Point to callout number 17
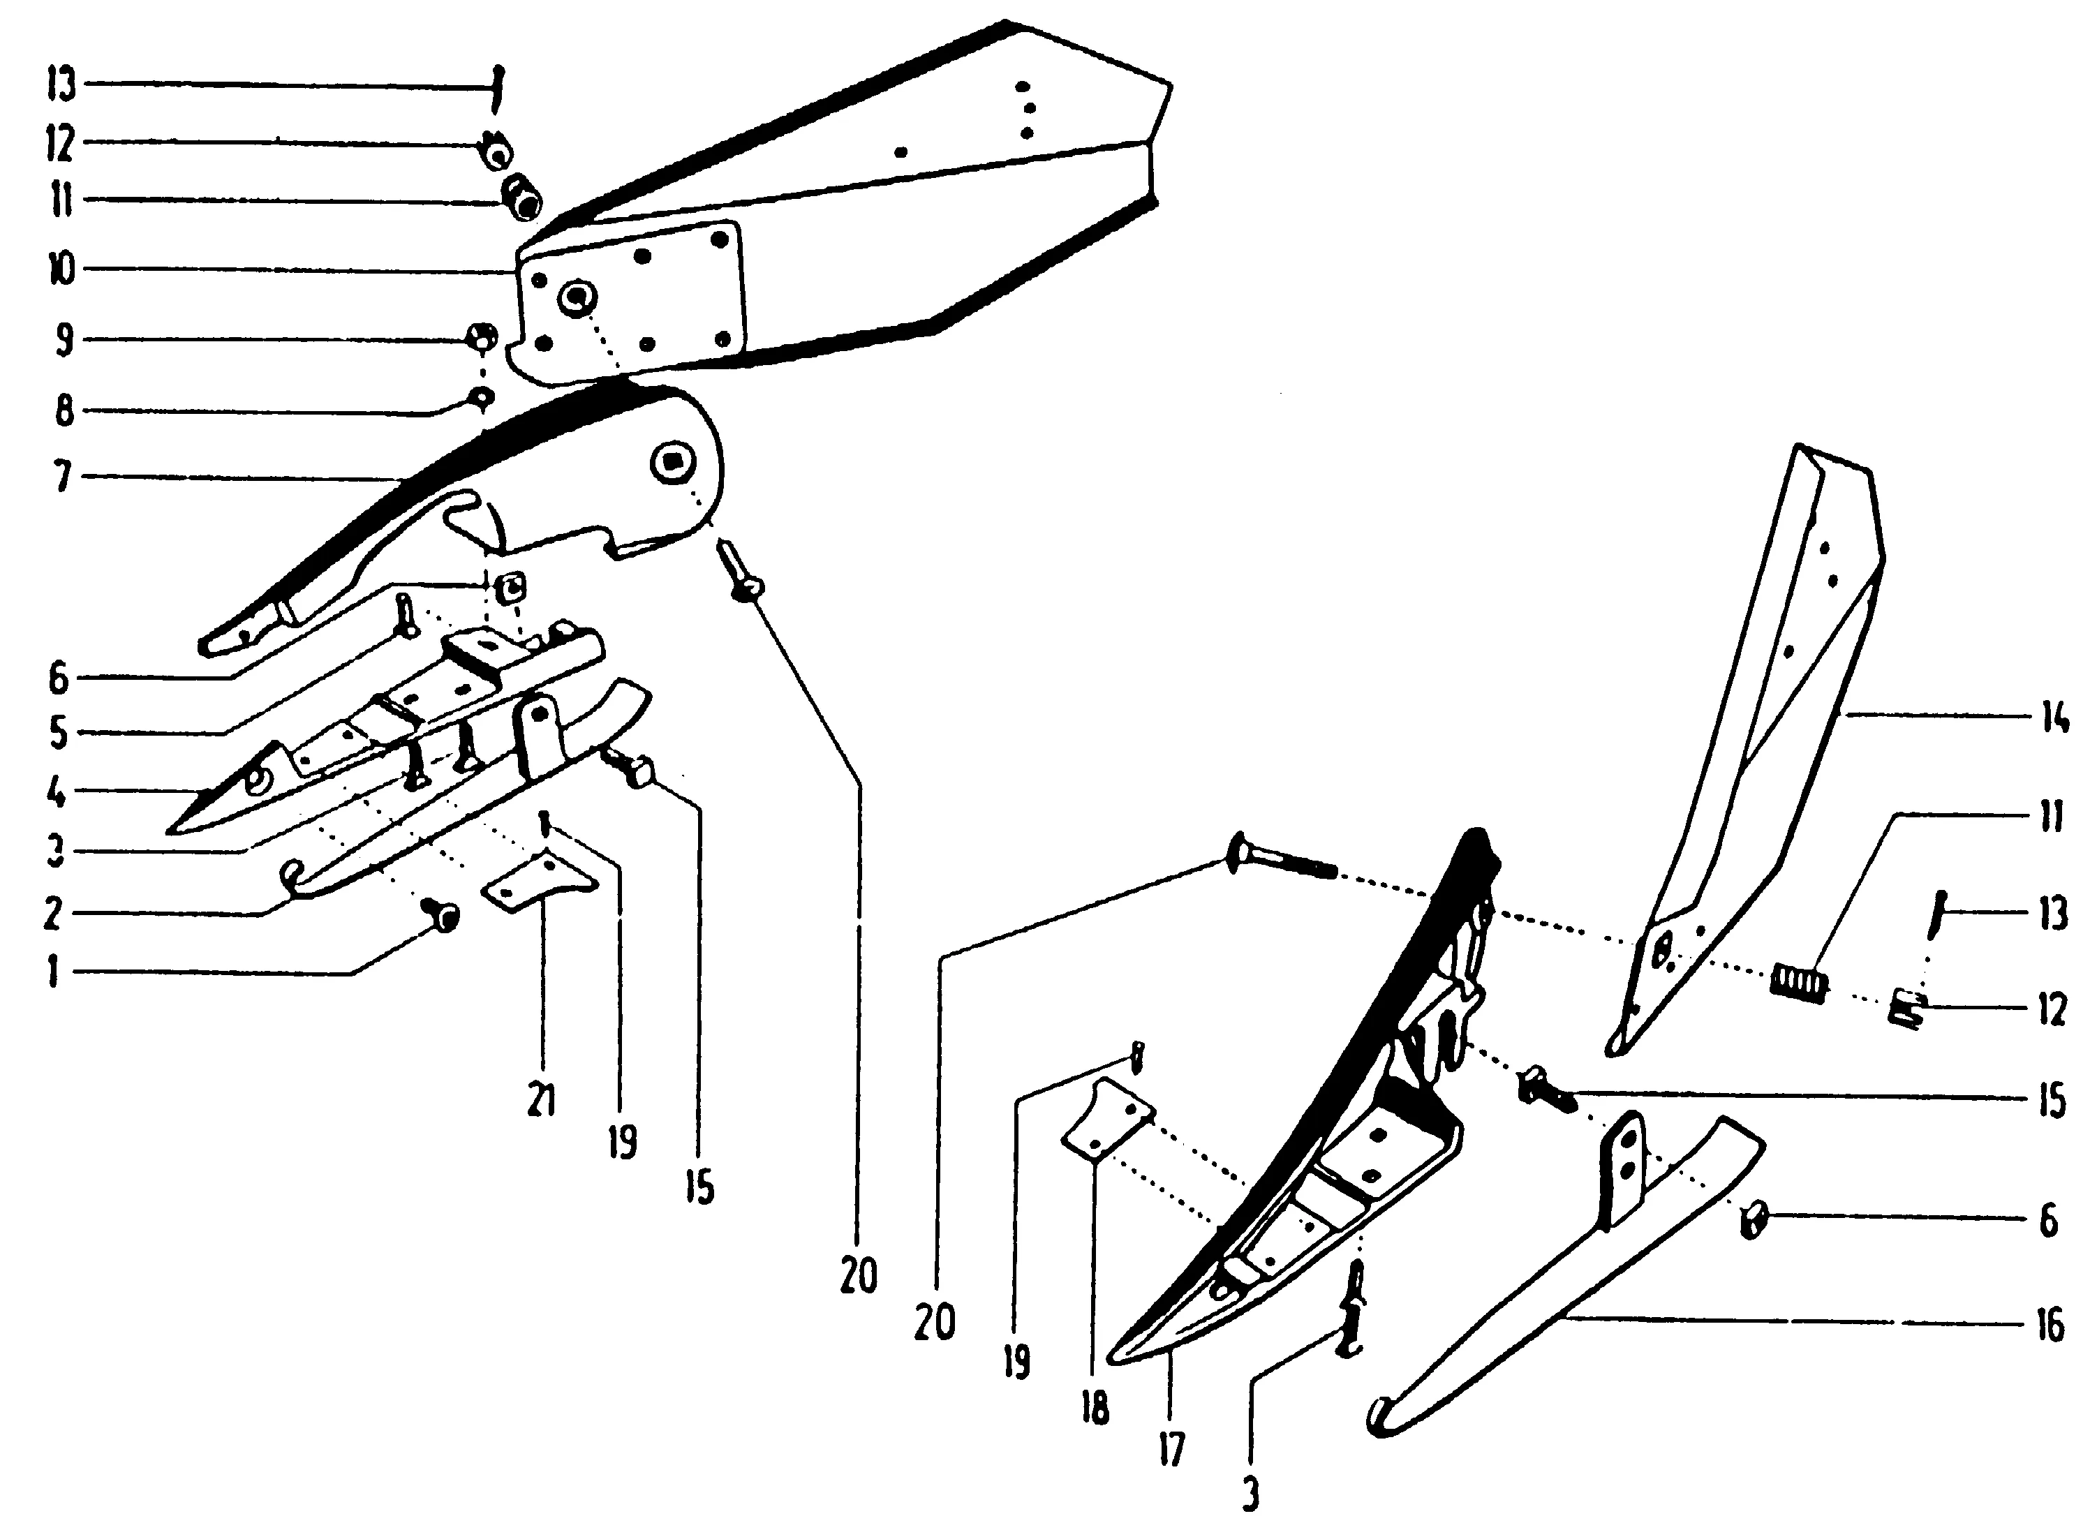point(1171,1450)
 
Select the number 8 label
point(64,410)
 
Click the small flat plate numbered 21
point(540,883)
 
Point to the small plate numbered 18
point(1106,1120)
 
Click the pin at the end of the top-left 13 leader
point(497,87)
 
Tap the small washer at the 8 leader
point(481,397)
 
